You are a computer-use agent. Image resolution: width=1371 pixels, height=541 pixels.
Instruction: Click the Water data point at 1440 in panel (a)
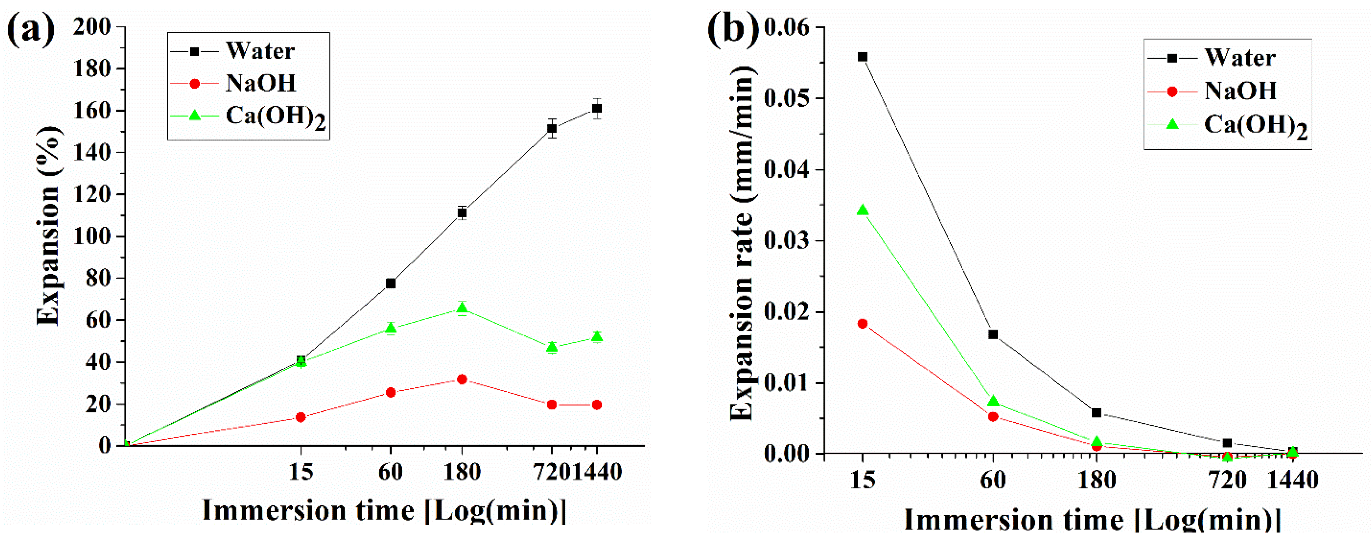coord(597,108)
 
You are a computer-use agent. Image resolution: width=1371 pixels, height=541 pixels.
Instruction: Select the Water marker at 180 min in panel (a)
coord(462,213)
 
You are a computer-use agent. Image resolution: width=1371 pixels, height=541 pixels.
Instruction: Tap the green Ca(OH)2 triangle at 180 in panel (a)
coord(462,307)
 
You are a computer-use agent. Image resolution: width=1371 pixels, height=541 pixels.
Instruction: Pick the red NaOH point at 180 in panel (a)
coord(462,379)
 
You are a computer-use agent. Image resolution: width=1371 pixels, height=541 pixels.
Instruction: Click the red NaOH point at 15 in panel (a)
coord(301,417)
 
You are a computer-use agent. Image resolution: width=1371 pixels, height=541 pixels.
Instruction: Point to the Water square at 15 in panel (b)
coord(863,57)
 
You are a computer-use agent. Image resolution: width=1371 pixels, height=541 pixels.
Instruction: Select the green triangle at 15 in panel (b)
coord(863,211)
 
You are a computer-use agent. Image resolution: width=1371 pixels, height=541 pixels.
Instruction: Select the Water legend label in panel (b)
coord(1240,58)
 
